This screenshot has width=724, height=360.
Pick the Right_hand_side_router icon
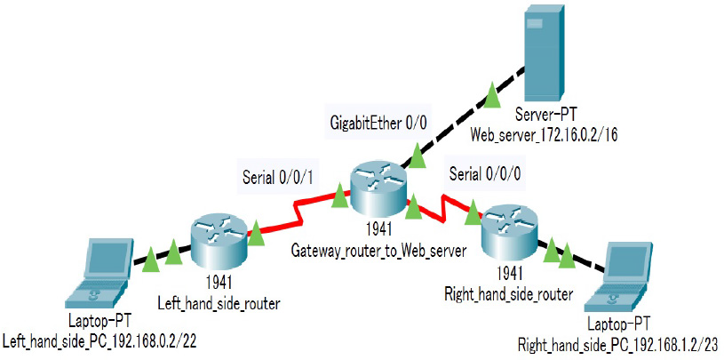tap(510, 228)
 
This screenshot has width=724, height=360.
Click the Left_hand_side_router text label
tap(219, 304)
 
